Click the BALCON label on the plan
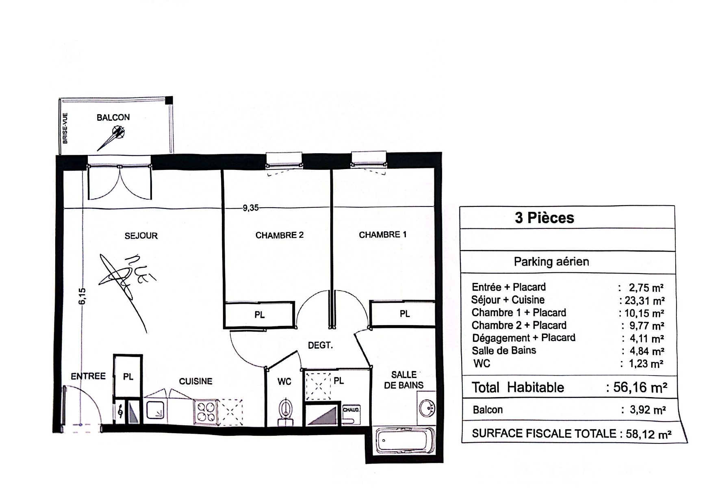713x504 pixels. pos(113,117)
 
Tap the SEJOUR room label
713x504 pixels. pos(141,236)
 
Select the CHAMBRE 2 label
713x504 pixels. pos(280,235)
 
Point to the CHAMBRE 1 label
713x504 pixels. pos(383,235)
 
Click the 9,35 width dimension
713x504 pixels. pos(251,208)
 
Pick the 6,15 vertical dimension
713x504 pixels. pos(82,296)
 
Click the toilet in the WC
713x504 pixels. pos(285,411)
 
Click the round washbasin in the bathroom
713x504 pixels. pos(427,408)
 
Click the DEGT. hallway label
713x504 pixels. pos(320,345)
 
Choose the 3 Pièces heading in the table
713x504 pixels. pos(544,218)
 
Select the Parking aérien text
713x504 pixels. pos(551,261)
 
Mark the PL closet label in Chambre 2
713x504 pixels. pos(259,315)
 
